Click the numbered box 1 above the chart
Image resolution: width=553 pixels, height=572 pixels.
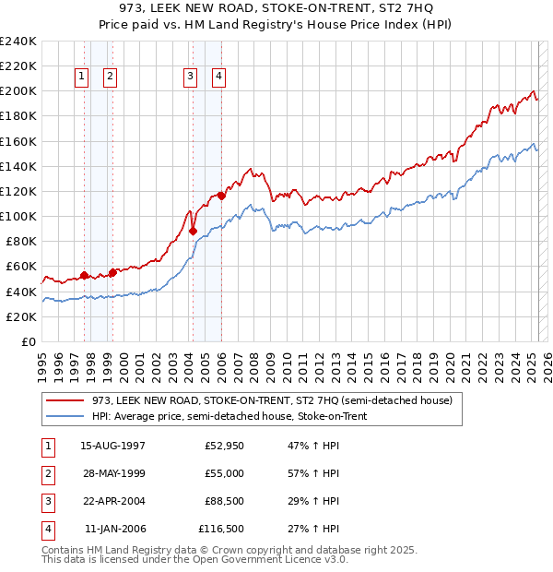pos(82,77)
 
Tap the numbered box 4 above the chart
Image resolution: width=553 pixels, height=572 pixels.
pos(219,77)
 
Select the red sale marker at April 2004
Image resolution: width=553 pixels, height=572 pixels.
pos(193,232)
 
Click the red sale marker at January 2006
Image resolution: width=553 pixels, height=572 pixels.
pos(221,196)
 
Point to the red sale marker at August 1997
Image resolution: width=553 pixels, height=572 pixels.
pos(84,275)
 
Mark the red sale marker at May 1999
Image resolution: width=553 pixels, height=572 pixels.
pos(112,272)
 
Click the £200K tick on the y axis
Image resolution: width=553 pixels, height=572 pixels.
pos(18,91)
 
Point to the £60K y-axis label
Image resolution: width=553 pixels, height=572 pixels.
pos(21,267)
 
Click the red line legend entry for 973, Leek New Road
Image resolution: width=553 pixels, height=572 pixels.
pos(272,400)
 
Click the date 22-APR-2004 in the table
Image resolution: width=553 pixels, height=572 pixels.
pos(113,501)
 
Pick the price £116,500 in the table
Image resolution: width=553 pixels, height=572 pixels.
pos(221,529)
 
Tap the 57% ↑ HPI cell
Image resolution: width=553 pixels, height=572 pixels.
pos(314,473)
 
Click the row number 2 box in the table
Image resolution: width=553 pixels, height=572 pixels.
pos(46,473)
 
